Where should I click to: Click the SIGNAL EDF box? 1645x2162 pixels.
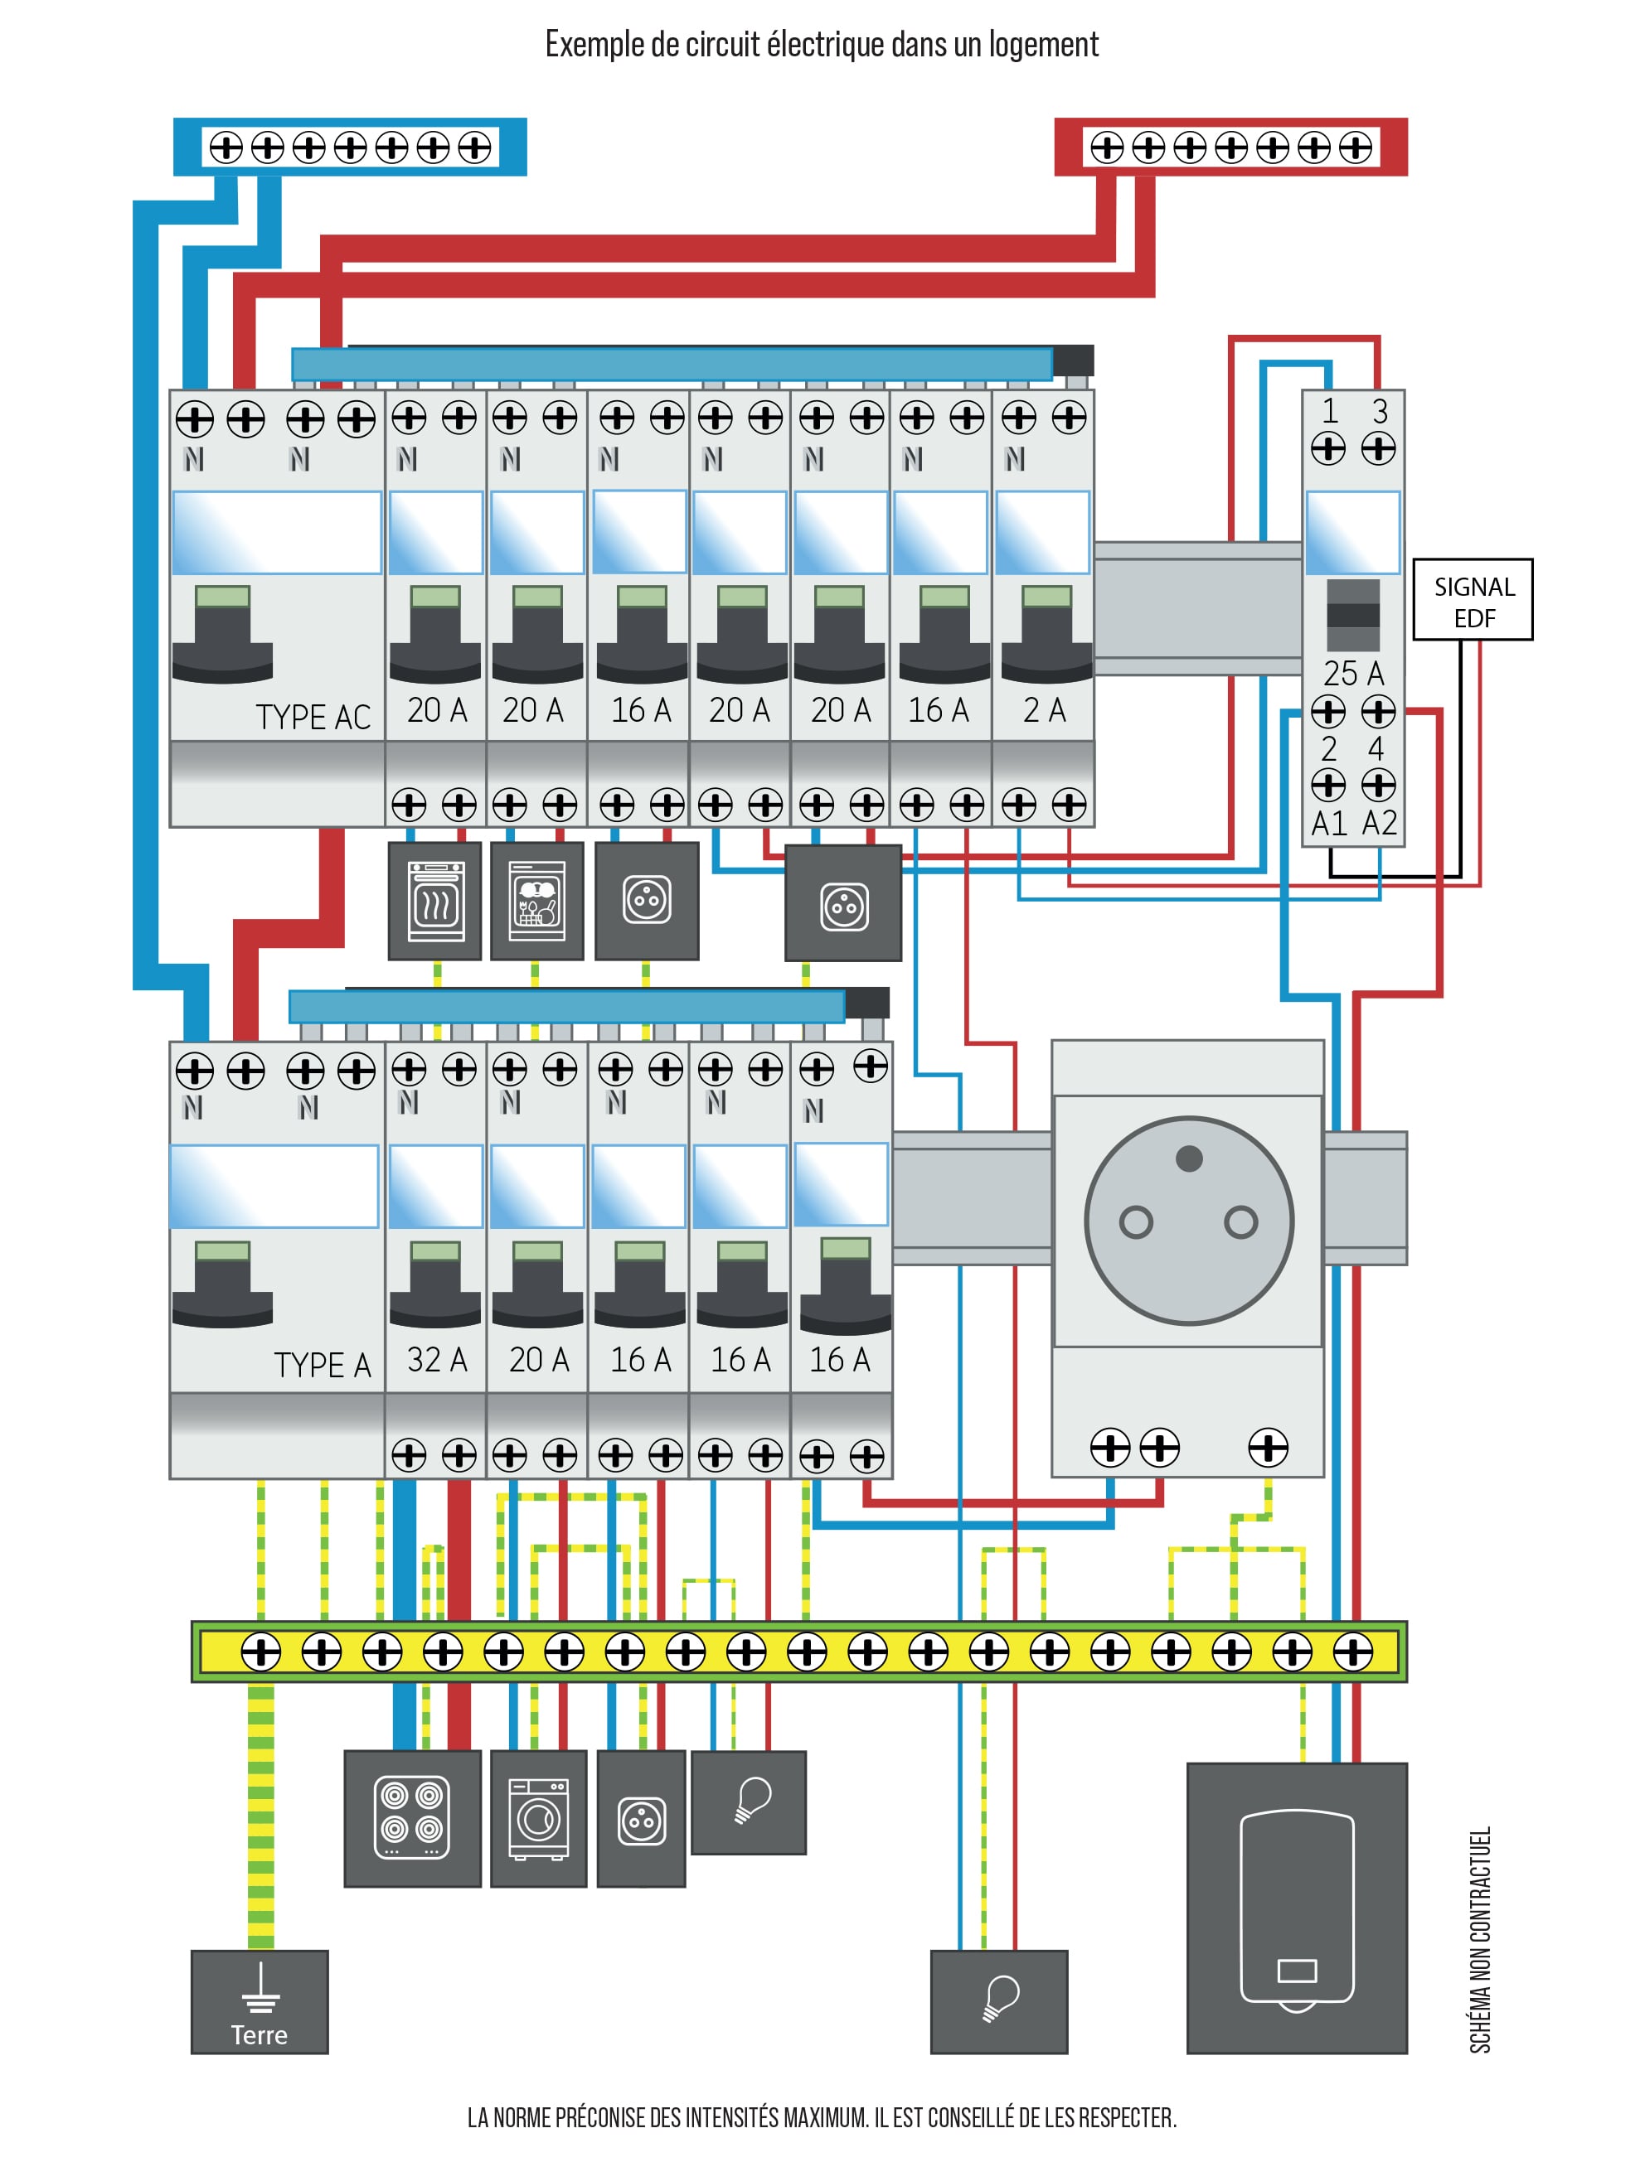pos(1473,600)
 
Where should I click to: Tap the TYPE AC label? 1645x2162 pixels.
pos(313,718)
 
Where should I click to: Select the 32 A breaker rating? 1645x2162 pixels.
pos(437,1360)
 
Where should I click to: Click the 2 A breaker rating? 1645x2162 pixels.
pos(1044,710)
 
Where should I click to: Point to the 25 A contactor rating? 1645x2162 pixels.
pos(1353,674)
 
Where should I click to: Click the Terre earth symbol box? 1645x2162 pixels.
pos(260,2001)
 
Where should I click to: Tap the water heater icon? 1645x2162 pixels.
pos(1297,1908)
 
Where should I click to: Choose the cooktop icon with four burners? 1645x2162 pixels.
pos(412,1818)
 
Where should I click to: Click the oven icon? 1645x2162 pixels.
pos(436,902)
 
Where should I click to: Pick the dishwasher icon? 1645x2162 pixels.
pos(536,902)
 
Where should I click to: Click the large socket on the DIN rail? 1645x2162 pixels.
pos(1189,1221)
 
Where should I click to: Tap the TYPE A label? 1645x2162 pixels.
pos(323,1364)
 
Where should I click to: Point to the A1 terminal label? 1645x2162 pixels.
pos(1329,824)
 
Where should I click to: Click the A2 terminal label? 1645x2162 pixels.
pos(1380,824)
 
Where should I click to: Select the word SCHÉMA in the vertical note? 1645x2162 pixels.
pos(1481,2015)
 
